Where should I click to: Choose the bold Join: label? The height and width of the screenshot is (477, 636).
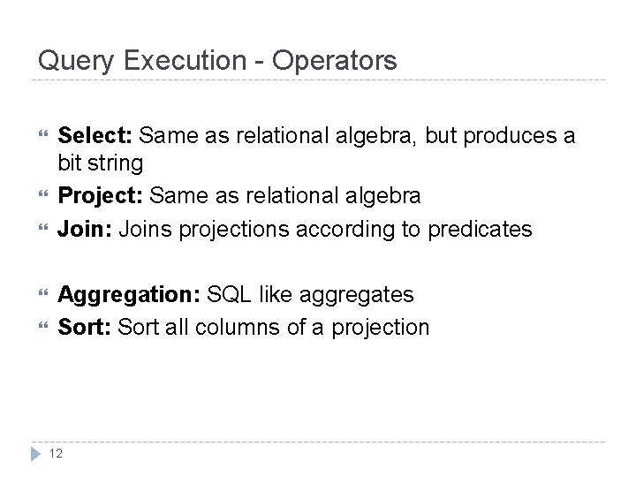tap(85, 230)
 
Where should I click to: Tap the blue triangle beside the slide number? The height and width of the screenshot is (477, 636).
tap(37, 454)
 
